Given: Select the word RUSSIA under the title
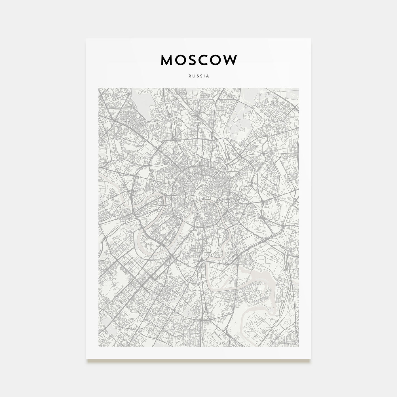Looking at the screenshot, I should (198, 76).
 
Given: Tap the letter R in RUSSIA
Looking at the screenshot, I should (189, 76).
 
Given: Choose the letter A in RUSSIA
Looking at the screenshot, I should (208, 76).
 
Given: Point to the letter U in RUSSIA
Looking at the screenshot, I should (193, 76).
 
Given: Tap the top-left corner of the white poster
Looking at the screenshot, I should (86, 39).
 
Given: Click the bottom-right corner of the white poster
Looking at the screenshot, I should (311, 358).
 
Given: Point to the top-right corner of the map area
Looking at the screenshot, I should (299, 88).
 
